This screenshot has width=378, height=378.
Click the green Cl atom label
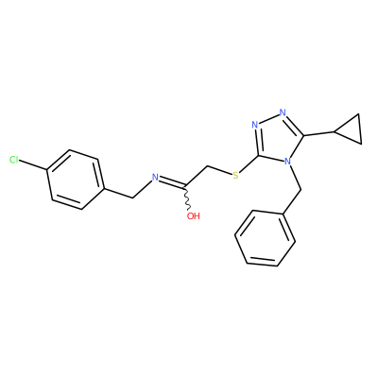pyautogui.click(x=14, y=160)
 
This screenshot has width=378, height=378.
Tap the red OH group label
pyautogui.click(x=194, y=215)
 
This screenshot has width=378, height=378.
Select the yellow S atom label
pyautogui.click(x=235, y=176)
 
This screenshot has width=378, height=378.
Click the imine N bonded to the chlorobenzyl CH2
pyautogui.click(x=155, y=178)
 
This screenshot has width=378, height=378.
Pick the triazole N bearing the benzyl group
pyautogui.click(x=287, y=162)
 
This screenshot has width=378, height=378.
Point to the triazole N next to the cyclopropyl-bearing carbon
pyautogui.click(x=283, y=112)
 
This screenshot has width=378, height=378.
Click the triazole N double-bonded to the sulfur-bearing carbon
pyautogui.click(x=255, y=125)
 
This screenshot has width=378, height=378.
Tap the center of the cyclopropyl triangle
pyautogui.click(x=352, y=129)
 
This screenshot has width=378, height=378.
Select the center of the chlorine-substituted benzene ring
pyautogui.click(x=76, y=180)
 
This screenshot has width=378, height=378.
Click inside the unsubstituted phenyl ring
pyautogui.click(x=265, y=238)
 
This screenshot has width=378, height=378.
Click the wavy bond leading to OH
pyautogui.click(x=187, y=198)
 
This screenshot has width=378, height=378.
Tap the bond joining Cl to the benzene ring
pyautogui.click(x=33, y=165)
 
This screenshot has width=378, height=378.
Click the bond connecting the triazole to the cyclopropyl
pyautogui.click(x=318, y=133)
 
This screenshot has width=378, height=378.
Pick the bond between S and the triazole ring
pyautogui.click(x=249, y=164)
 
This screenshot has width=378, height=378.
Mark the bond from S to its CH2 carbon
pyautogui.click(x=220, y=169)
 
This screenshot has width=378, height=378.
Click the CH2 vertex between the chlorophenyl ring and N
pyautogui.click(x=132, y=198)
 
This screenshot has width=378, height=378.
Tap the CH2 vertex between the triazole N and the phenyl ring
pyautogui.click(x=301, y=190)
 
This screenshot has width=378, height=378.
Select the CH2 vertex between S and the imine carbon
pyautogui.click(x=208, y=165)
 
